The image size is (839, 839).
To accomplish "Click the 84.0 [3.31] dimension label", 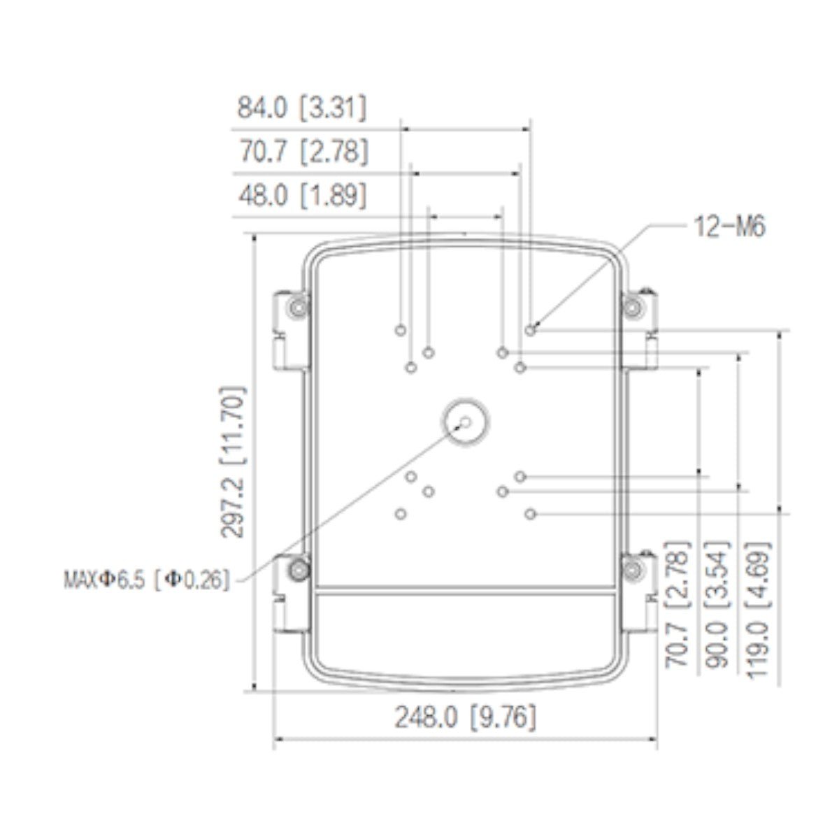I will tap(301, 108).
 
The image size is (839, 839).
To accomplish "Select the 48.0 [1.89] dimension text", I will tap(301, 195).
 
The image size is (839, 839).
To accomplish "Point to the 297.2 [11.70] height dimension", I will tap(234, 461).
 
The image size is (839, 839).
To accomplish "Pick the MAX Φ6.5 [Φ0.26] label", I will tap(146, 580).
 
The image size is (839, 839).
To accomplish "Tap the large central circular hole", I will tap(465, 422).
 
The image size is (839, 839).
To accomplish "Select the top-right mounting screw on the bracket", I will tap(633, 306).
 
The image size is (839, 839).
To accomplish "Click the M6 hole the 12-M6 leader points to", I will tap(531, 330).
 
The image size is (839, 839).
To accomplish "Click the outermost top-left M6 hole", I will tap(401, 330).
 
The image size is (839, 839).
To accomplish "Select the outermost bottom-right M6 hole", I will tap(531, 514).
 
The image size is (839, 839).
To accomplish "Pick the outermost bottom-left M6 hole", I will tap(401, 514).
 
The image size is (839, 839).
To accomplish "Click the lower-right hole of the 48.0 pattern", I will tap(503, 492).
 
